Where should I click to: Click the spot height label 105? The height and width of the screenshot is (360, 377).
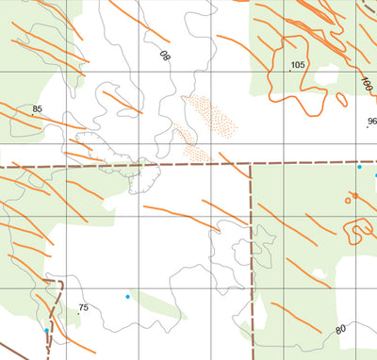299,65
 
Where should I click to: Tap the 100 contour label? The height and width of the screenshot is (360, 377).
366,84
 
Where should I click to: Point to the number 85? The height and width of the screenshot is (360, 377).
38,109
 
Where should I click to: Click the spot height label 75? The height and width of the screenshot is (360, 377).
83,308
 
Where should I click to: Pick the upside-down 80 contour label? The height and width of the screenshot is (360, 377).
166,57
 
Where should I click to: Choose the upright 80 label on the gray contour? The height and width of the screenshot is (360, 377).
340,329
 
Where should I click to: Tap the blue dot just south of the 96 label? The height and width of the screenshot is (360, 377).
359,167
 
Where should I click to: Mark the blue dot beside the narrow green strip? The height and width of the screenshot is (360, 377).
127,297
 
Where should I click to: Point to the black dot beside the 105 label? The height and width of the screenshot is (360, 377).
289,71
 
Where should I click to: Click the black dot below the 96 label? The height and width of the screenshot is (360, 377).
367,127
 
